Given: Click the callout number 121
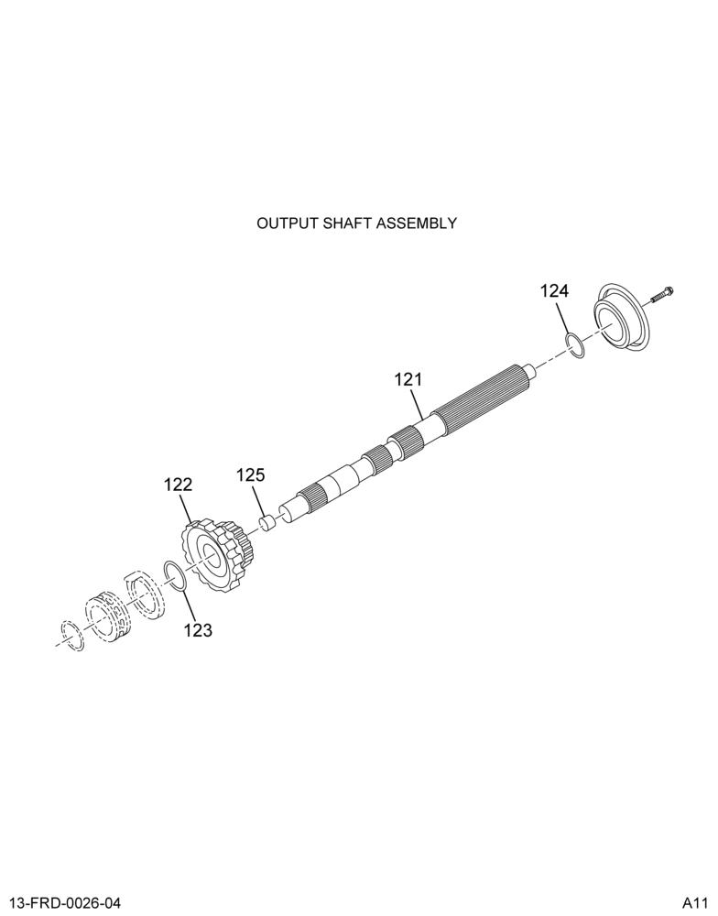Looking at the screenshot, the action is click(x=408, y=380).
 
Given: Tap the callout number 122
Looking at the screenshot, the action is click(x=179, y=485).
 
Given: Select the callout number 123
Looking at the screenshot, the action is click(x=198, y=630).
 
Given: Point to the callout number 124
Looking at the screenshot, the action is click(x=554, y=291).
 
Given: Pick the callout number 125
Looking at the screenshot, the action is click(x=251, y=474).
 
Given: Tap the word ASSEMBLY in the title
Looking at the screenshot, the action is click(x=417, y=224).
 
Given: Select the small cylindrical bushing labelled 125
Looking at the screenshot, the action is click(x=267, y=521).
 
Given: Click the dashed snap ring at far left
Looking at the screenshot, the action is click(x=72, y=636).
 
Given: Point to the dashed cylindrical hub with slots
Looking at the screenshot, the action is click(x=107, y=616).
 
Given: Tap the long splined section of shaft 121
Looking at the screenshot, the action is click(x=484, y=398).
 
